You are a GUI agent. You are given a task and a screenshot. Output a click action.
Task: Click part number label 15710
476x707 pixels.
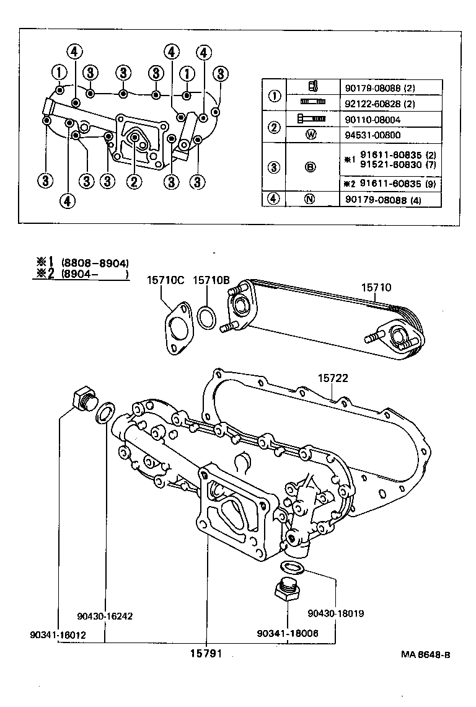click(x=377, y=288)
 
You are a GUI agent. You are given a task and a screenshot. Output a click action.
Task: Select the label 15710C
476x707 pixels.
click(x=165, y=281)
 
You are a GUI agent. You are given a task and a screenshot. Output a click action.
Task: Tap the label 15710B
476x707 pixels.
click(x=211, y=281)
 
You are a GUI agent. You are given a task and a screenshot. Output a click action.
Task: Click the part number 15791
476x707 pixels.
click(x=206, y=653)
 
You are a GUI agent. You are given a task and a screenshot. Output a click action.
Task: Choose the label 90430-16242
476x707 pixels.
click(x=105, y=616)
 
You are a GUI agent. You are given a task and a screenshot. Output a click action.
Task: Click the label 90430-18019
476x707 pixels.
click(x=335, y=613)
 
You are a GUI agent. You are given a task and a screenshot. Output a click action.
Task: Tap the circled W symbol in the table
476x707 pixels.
click(x=312, y=134)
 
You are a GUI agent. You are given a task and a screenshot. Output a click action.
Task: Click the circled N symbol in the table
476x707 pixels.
click(x=312, y=199)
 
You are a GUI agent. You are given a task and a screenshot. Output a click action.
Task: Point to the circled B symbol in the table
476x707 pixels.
click(x=312, y=167)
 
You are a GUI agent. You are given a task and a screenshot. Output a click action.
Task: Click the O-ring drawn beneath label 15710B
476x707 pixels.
click(x=206, y=317)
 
